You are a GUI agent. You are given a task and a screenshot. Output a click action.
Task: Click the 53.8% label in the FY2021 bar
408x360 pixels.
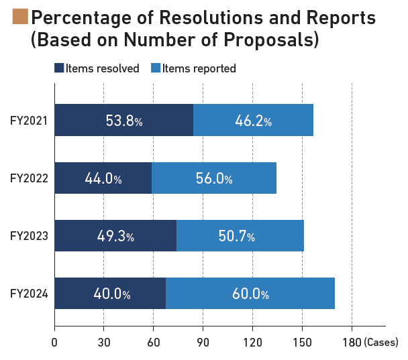click(124, 121)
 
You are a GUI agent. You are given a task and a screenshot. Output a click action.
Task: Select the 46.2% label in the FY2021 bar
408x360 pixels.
click(253, 121)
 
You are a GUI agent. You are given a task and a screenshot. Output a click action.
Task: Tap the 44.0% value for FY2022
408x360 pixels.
click(103, 179)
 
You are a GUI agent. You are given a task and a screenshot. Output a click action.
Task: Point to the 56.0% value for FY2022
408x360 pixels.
click(214, 179)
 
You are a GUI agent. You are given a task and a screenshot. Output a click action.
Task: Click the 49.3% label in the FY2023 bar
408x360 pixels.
click(115, 237)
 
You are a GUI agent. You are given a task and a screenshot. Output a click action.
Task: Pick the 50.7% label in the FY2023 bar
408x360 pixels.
click(240, 237)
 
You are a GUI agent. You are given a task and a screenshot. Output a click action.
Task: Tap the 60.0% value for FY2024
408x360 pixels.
click(250, 294)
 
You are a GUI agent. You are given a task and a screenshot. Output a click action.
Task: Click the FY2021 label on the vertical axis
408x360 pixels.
click(27, 121)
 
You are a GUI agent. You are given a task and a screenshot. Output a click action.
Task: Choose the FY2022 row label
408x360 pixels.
click(27, 179)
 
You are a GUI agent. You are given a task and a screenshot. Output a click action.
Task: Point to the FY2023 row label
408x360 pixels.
click(27, 237)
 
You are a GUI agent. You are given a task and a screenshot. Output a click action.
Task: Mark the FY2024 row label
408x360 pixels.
click(27, 294)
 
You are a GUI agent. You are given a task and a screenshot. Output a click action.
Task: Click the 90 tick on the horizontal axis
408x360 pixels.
click(203, 343)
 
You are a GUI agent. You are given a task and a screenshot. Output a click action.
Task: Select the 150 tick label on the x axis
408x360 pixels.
click(302, 343)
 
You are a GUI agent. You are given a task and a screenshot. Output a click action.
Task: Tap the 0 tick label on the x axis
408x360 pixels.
click(54, 343)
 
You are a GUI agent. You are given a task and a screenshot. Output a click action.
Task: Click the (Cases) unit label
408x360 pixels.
click(381, 343)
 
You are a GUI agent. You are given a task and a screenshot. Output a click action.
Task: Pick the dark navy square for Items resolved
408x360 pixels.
click(59, 68)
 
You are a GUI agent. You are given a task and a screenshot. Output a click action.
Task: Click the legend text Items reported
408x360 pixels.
click(199, 68)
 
